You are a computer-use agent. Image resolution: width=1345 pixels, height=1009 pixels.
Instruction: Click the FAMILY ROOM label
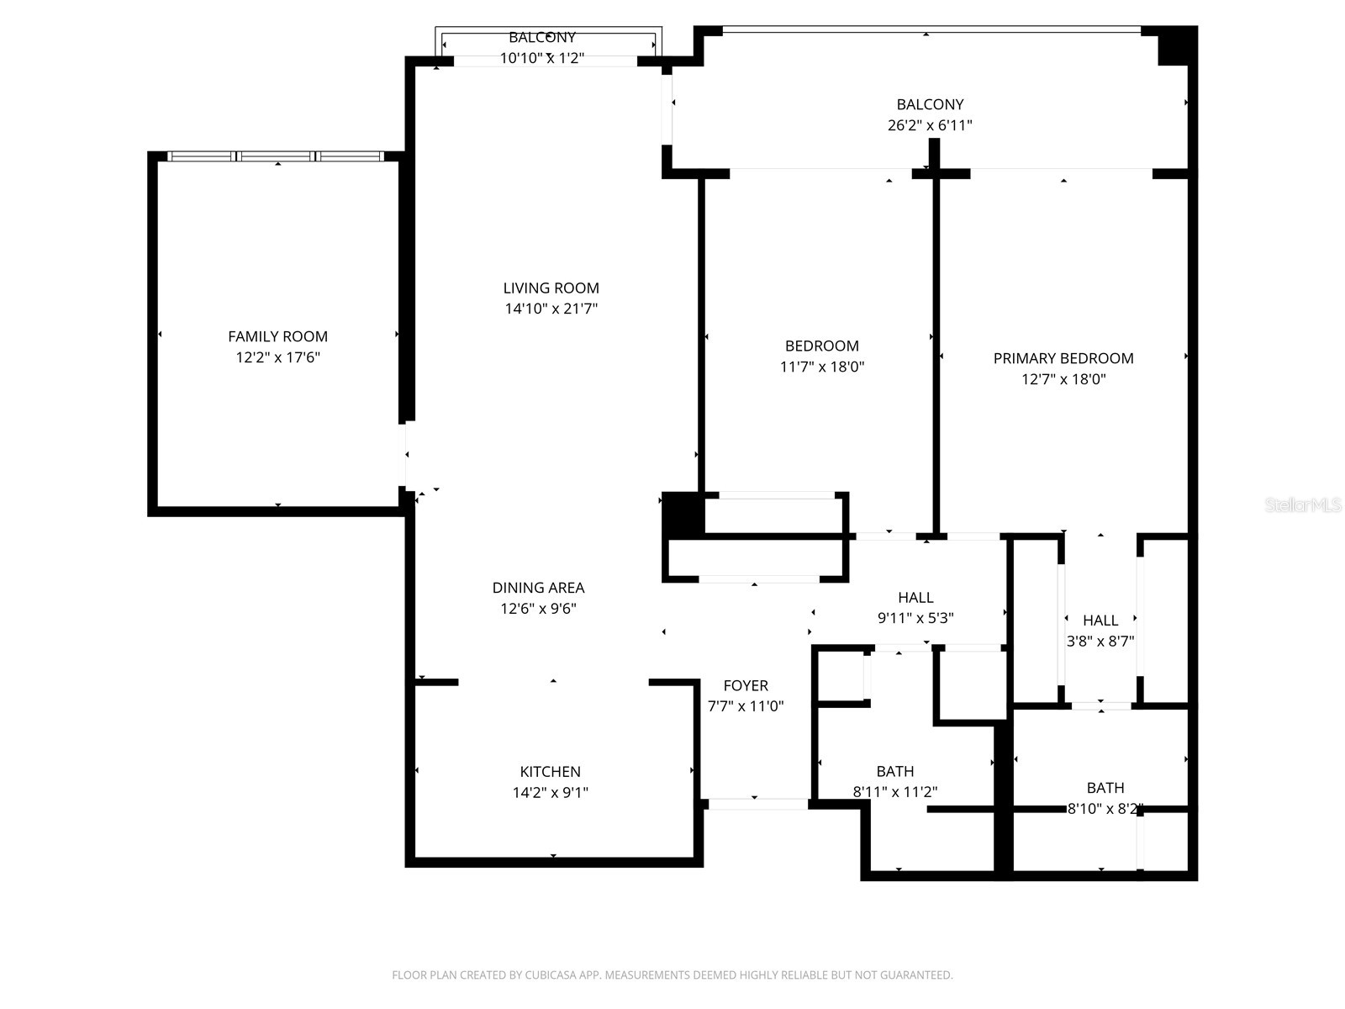(277, 336)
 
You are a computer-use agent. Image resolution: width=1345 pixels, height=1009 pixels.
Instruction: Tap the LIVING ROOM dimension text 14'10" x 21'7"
(551, 309)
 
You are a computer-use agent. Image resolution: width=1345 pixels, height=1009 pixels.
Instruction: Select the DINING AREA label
(538, 588)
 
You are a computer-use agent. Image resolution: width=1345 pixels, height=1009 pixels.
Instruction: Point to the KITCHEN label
(550, 771)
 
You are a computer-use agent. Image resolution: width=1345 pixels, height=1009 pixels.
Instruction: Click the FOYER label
(746, 685)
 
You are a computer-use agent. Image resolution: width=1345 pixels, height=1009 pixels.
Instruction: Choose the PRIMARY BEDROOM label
(1063, 358)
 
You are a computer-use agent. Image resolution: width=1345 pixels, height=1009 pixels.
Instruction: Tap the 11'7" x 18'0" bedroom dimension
(822, 367)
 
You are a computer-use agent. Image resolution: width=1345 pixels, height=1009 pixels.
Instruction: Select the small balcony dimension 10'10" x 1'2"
(542, 58)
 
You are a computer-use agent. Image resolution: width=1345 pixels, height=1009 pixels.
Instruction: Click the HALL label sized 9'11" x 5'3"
(915, 597)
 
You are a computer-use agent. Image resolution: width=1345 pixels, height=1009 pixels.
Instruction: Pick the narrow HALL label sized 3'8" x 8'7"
(1100, 620)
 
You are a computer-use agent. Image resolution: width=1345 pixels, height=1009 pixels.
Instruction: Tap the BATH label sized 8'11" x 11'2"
(894, 771)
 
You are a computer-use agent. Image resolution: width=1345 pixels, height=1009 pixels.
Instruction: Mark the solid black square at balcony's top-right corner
(1175, 45)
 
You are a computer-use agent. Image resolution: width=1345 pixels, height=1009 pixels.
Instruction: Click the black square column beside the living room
(683, 514)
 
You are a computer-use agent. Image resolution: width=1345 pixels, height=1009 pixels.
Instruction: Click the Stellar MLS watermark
(1303, 505)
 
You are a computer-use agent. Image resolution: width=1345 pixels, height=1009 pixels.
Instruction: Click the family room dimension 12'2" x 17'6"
(277, 357)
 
